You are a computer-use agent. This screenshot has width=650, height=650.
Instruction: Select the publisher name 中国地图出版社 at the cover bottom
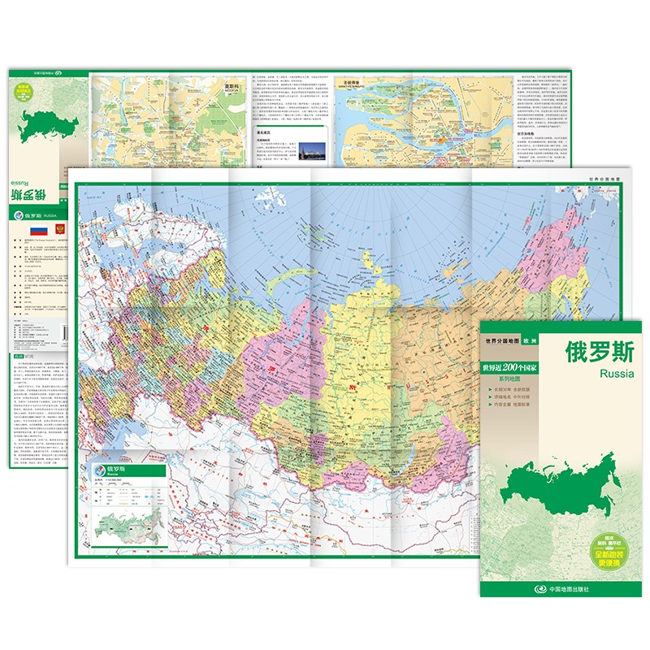565,588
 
